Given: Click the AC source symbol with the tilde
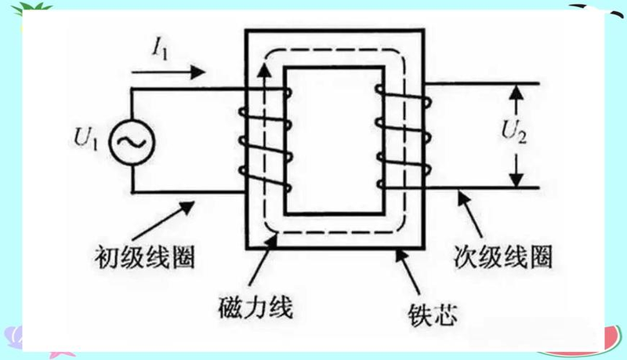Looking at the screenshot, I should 131,140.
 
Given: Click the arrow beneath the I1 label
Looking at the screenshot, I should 169,74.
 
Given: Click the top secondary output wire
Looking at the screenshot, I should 486,83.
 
